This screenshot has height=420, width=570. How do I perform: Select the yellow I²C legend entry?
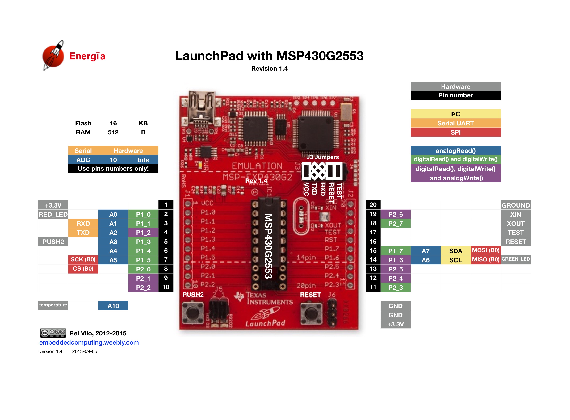(x=455, y=114)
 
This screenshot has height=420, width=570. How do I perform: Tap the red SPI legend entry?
(x=455, y=132)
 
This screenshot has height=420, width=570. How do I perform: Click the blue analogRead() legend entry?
(x=455, y=150)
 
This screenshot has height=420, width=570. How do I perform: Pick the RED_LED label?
(x=53, y=214)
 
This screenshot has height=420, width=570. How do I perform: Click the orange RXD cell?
(x=83, y=224)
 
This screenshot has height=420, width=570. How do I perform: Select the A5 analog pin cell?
(x=113, y=260)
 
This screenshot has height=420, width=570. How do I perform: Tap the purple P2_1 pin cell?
(x=143, y=278)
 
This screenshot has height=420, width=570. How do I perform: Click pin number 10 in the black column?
(x=166, y=287)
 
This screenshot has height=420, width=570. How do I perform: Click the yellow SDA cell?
(x=455, y=251)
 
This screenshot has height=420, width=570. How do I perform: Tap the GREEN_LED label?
(x=516, y=259)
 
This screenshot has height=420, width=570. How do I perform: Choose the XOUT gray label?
(x=516, y=224)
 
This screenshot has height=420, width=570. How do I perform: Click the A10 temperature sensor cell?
(x=113, y=306)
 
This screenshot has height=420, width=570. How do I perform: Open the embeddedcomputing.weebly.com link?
(x=89, y=342)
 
